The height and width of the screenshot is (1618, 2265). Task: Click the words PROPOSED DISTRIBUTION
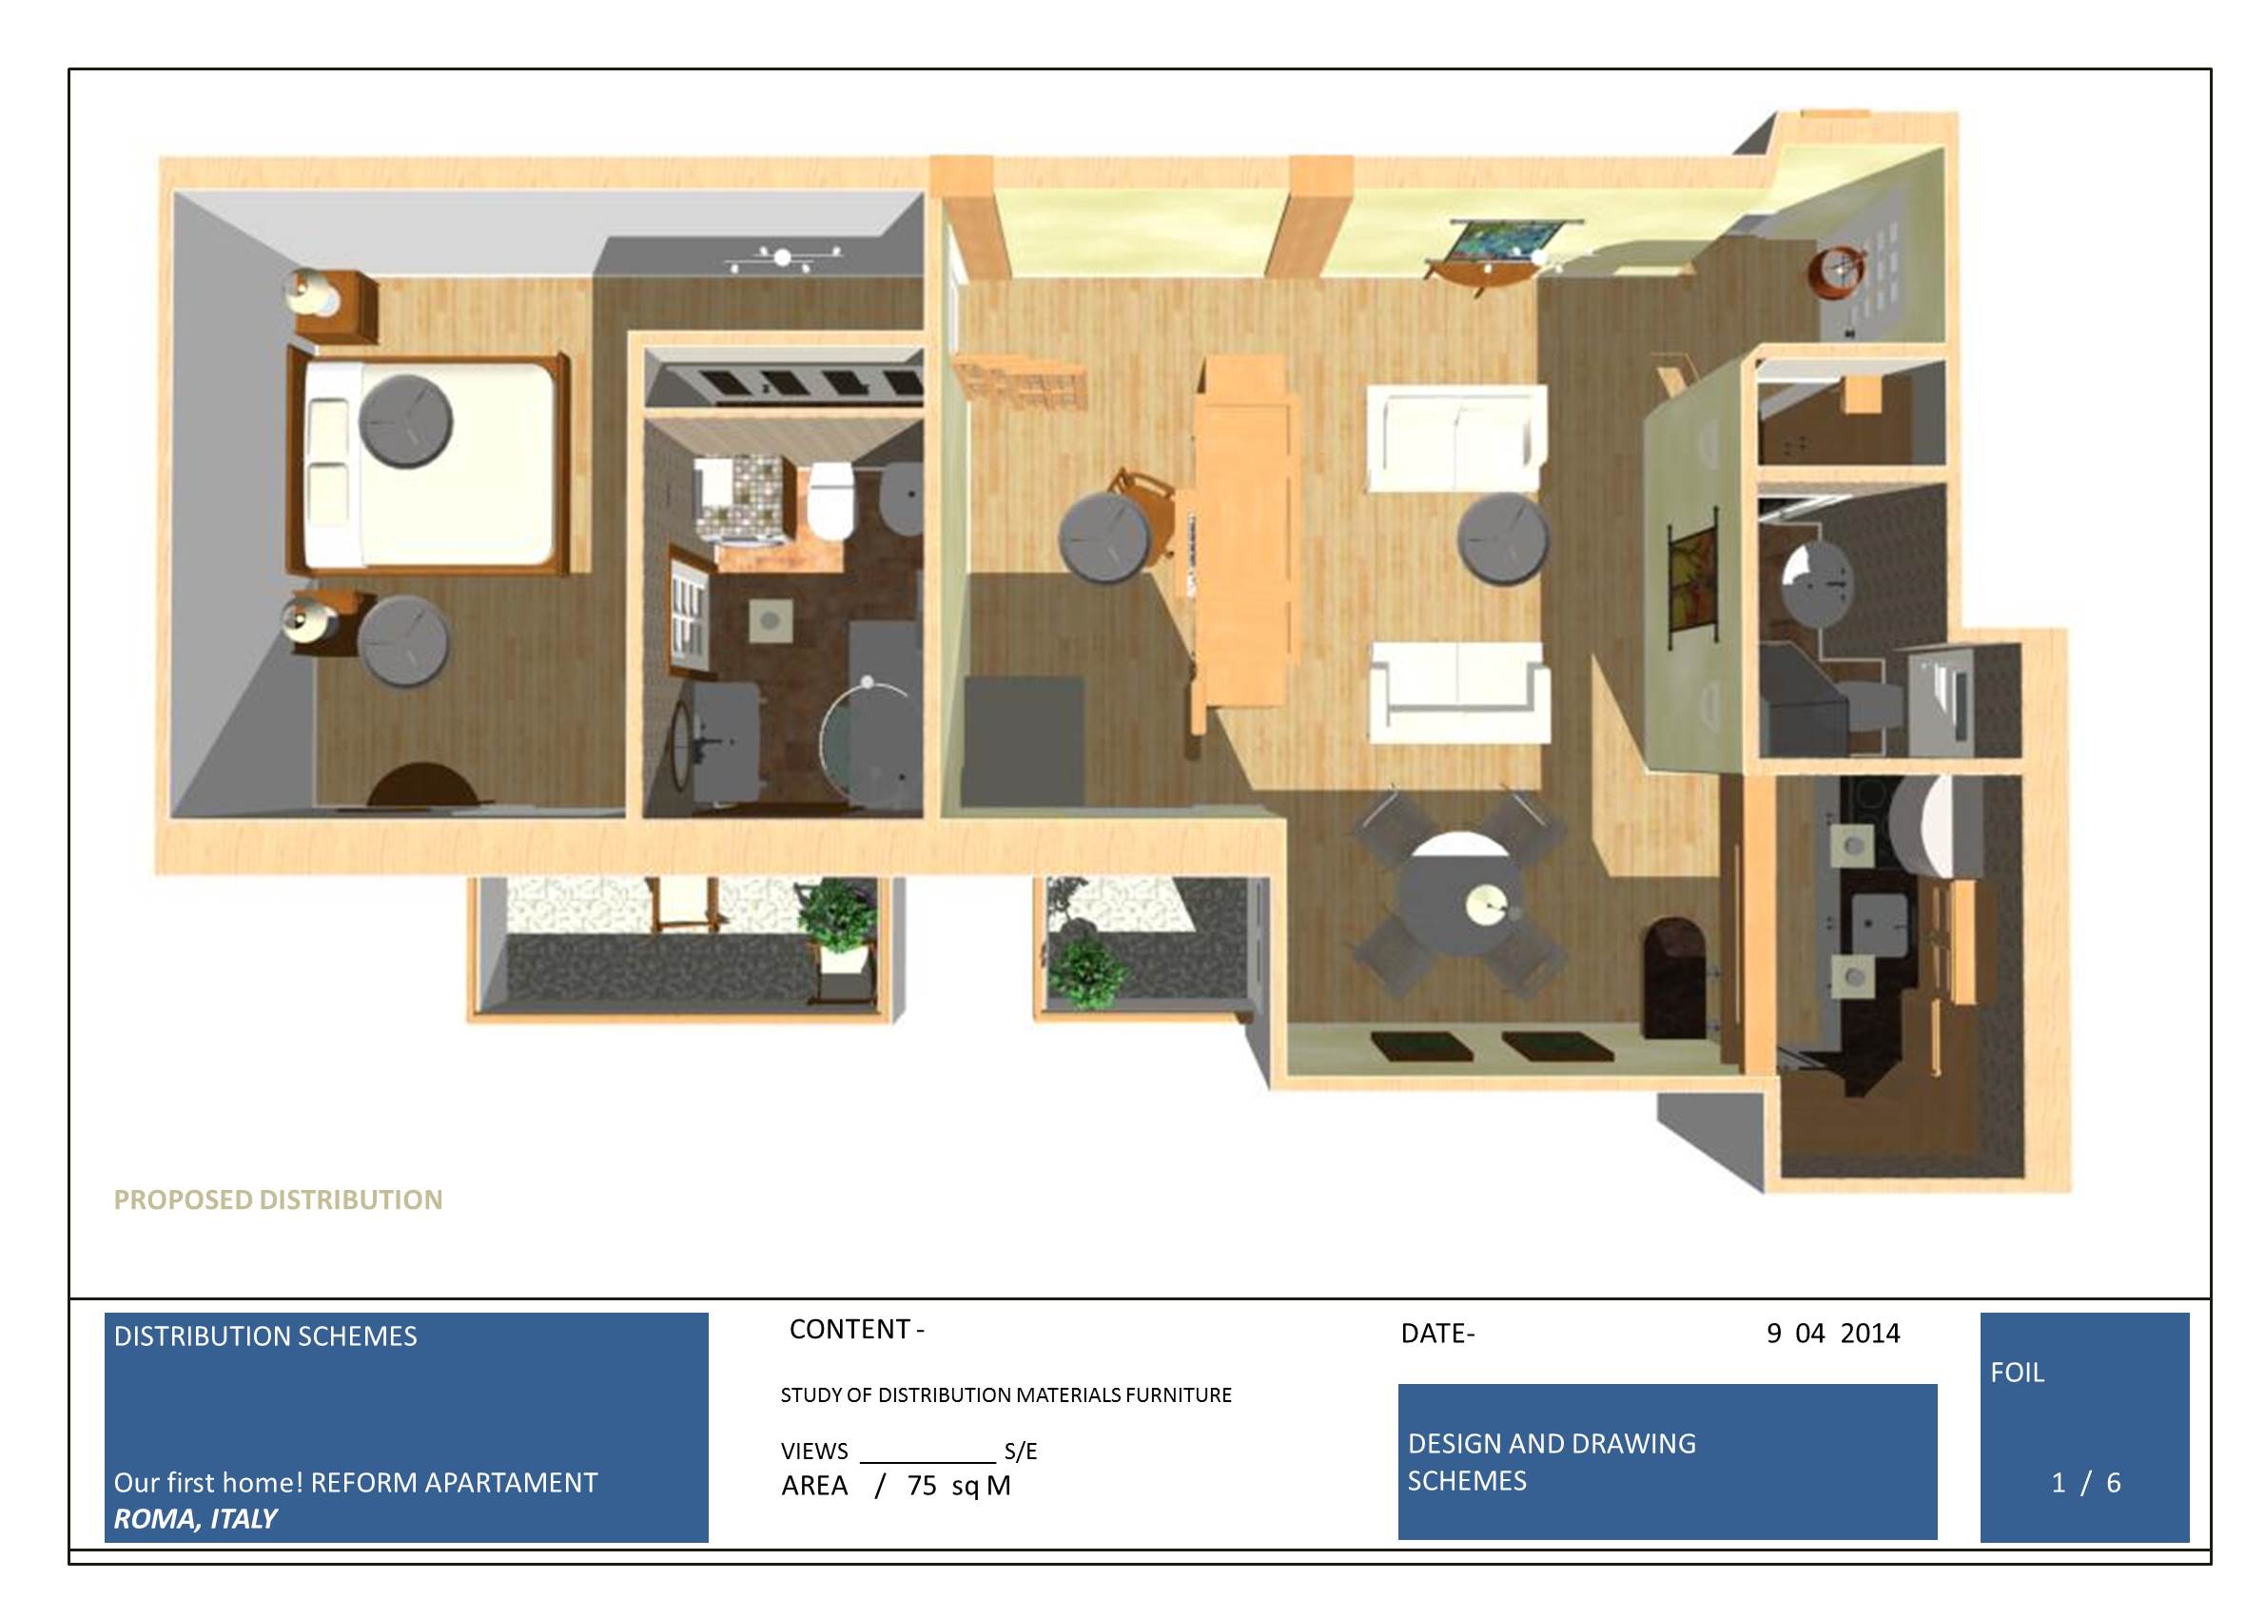(278, 1199)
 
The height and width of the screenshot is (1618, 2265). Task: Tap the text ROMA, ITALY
(195, 1519)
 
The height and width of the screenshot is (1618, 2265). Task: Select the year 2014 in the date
(1869, 1334)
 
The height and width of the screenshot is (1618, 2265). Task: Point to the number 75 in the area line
(922, 1486)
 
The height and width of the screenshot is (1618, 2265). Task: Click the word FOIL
(2017, 1373)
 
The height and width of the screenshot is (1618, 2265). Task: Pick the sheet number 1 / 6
(2085, 1484)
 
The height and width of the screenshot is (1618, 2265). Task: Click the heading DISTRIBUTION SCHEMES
(265, 1336)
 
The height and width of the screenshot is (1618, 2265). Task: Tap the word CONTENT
(849, 1329)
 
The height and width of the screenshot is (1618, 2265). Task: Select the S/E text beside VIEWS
(1021, 1452)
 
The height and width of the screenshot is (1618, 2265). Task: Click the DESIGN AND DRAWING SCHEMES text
(1551, 1462)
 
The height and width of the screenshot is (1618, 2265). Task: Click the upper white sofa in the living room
(1456, 438)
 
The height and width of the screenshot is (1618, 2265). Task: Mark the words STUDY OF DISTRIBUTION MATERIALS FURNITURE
(1006, 1395)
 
